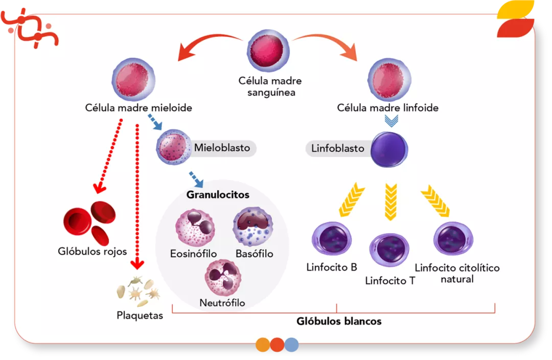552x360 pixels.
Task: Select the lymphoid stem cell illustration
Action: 388,80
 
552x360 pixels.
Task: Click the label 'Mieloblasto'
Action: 222,148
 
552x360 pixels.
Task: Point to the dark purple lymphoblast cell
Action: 389,149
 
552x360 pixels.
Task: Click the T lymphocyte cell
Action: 389,250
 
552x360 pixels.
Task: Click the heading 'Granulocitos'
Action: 218,195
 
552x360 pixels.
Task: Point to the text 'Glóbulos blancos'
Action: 339,322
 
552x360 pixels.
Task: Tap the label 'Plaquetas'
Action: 140,315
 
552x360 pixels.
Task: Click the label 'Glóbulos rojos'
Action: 92,252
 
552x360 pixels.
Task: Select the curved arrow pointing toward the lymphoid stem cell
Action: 327,42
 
